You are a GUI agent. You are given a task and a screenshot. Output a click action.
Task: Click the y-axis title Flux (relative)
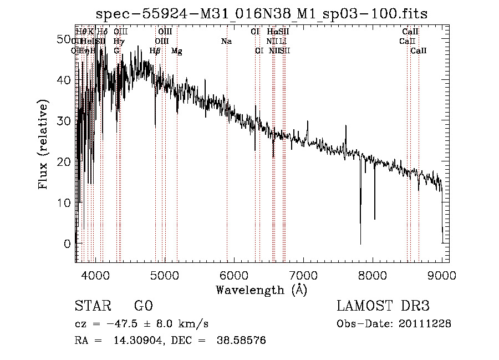coord(43,144)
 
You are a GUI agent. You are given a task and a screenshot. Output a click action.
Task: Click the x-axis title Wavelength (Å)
coord(261,290)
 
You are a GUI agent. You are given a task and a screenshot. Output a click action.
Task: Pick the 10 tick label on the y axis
coord(65,202)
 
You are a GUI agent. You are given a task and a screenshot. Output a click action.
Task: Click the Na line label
coord(226,42)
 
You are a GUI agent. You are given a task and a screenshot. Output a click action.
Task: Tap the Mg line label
coord(177,51)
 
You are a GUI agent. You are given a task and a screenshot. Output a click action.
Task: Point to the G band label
coord(116,51)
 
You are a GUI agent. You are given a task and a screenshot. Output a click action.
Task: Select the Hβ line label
coord(155,51)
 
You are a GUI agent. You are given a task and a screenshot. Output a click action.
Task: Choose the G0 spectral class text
coord(143,307)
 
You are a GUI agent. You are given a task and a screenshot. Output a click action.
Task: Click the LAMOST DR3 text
coord(383,307)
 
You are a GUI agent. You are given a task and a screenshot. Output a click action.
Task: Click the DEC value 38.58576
coord(243,341)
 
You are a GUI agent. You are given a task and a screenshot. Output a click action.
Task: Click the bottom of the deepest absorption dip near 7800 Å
coord(360,243)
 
